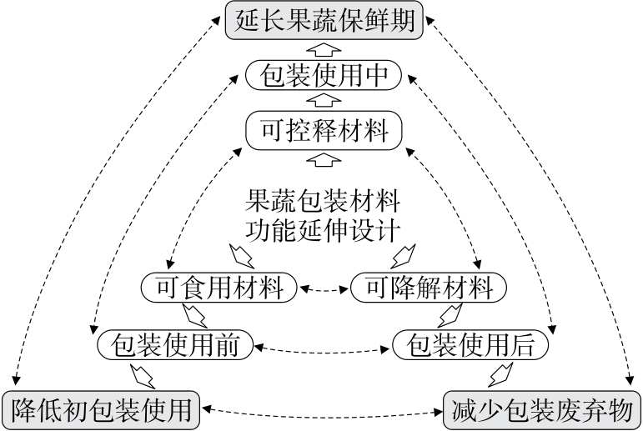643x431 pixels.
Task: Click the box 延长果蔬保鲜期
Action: (323, 18)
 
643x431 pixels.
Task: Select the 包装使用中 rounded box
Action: (324, 77)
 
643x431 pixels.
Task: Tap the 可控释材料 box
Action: (324, 132)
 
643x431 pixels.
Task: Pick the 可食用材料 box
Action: (219, 288)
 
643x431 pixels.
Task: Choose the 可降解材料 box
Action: (428, 288)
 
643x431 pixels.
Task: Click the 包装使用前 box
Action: (174, 343)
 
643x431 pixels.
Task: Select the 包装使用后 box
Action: (470, 343)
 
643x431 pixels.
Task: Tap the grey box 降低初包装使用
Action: (102, 410)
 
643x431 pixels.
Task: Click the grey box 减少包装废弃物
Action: (541, 410)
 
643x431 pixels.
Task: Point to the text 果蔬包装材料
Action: (324, 201)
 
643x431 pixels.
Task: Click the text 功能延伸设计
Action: (324, 228)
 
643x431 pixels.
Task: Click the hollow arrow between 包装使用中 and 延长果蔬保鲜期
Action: (324, 48)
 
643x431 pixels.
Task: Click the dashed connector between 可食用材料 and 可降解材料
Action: (323, 289)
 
